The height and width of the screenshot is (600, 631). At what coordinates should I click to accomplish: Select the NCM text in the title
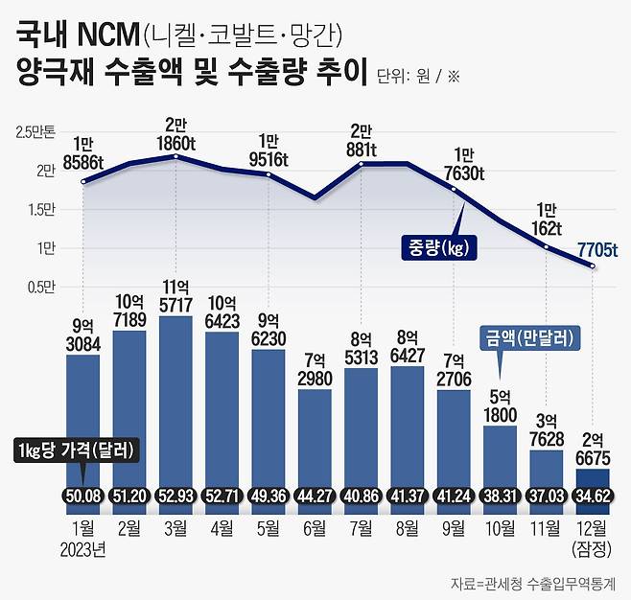[x=99, y=36]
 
